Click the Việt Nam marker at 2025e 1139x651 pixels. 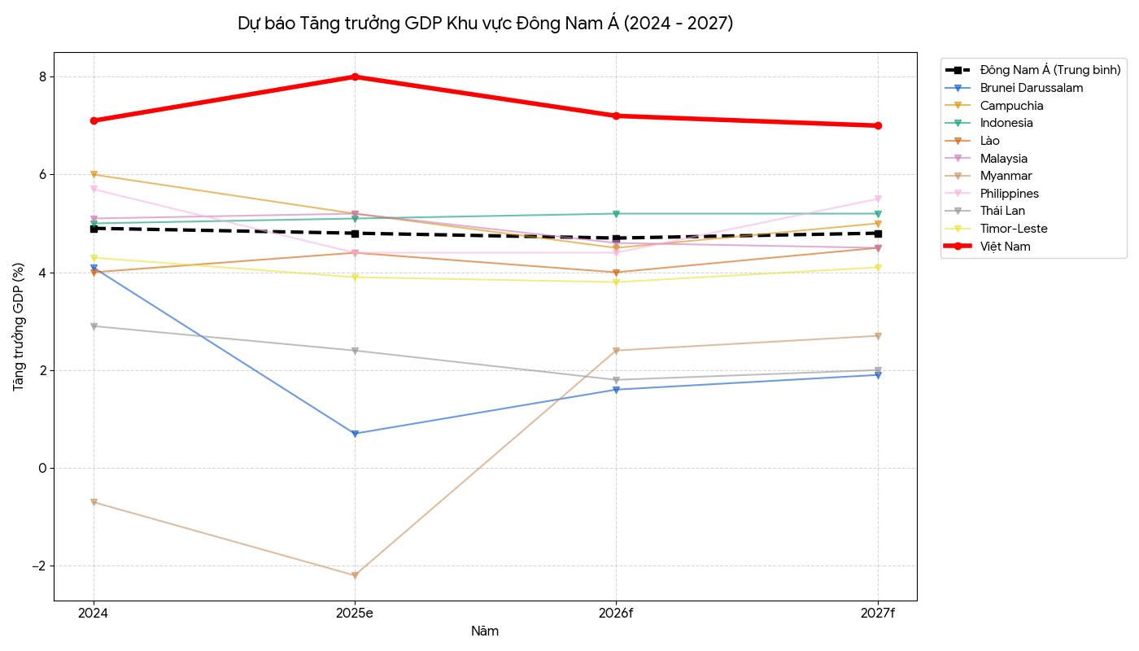355,76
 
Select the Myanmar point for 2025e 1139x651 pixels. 355,575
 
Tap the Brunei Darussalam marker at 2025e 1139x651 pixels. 355,434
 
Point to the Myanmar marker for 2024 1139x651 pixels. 94,502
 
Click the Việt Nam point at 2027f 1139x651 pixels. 877,125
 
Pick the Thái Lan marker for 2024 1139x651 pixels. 94,326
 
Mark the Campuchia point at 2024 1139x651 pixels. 94,174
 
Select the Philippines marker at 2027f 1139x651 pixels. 877,199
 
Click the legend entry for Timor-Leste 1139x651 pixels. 1010,229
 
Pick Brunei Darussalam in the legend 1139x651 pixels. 1032,88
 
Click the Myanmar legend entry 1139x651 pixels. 1006,176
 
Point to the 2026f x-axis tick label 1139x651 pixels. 616,613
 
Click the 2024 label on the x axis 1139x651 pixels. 94,613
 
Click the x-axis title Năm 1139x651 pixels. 485,631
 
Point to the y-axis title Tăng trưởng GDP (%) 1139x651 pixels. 19,325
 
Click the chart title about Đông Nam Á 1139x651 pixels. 486,24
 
